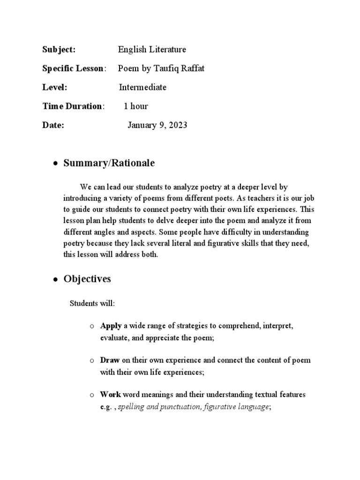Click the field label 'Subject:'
click(x=59, y=50)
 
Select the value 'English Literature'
click(x=152, y=50)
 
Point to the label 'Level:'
click(x=55, y=87)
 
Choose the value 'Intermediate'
click(x=142, y=87)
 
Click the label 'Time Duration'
click(x=72, y=106)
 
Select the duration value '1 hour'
click(x=135, y=106)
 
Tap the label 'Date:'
click(x=53, y=125)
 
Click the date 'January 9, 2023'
click(x=157, y=125)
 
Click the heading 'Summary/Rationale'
click(x=109, y=163)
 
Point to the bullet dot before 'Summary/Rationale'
click(x=55, y=164)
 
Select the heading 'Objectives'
click(x=87, y=279)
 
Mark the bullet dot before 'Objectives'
click(x=55, y=280)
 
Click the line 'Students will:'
click(x=92, y=303)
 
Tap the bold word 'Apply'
click(x=111, y=325)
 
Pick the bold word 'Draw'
click(x=110, y=360)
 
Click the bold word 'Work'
click(x=111, y=395)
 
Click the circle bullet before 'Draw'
click(x=92, y=361)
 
